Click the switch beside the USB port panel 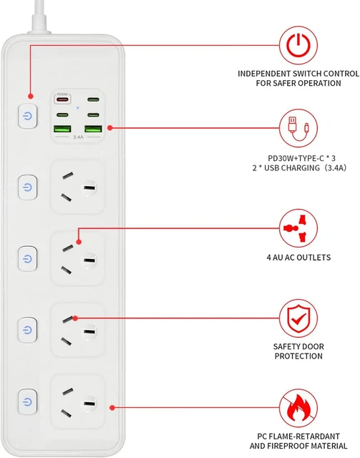pos(27,115)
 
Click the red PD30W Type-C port pos(63,101)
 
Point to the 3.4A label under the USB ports pos(79,140)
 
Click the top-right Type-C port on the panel pos(94,101)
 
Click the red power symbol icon pos(297,46)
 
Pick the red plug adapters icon pos(297,228)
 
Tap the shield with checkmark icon pos(297,318)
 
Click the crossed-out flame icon pos(297,407)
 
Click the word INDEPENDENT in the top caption pos(265,73)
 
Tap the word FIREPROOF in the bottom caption pos(281,446)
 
